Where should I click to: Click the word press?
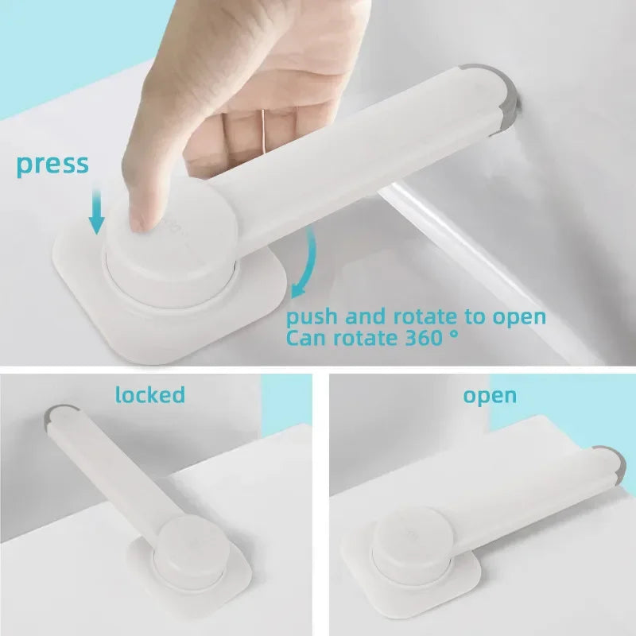52,165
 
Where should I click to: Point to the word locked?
149,394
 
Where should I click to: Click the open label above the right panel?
490,395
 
